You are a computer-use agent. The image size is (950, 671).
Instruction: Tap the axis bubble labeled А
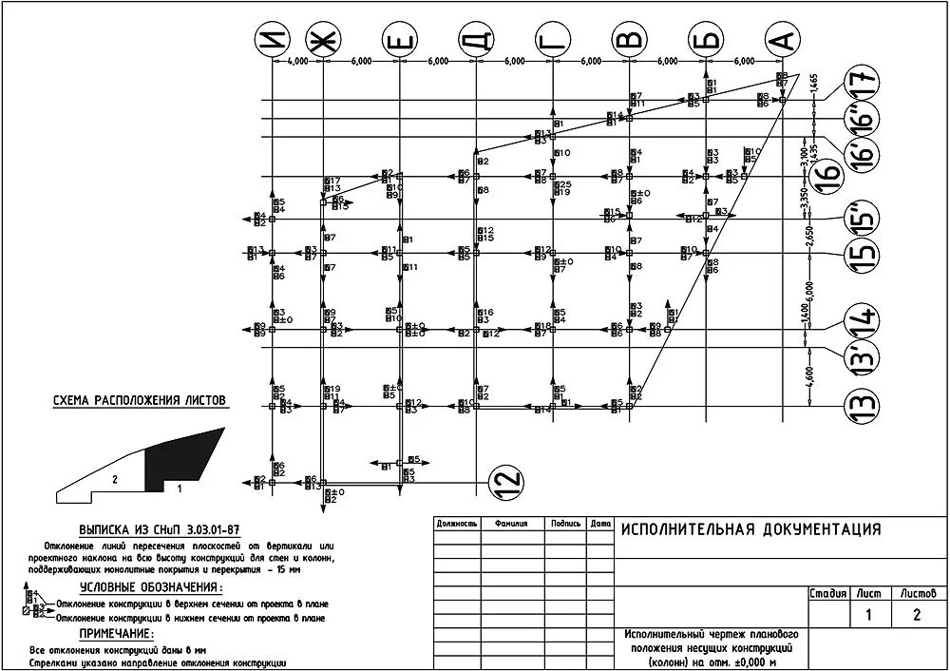[783, 40]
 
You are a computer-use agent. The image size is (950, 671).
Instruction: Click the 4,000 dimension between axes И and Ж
[296, 61]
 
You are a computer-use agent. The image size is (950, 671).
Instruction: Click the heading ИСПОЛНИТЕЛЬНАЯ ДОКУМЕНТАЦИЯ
[750, 529]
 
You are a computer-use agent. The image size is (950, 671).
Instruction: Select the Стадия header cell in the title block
[826, 593]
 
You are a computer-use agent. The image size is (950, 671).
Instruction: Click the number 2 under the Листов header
[916, 614]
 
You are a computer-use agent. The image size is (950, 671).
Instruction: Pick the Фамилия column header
[504, 524]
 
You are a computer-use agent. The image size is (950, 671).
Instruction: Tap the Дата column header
[599, 524]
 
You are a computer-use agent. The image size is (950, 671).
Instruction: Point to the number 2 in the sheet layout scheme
[114, 480]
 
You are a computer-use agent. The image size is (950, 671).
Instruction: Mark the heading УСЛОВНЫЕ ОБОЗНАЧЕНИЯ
[142, 587]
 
